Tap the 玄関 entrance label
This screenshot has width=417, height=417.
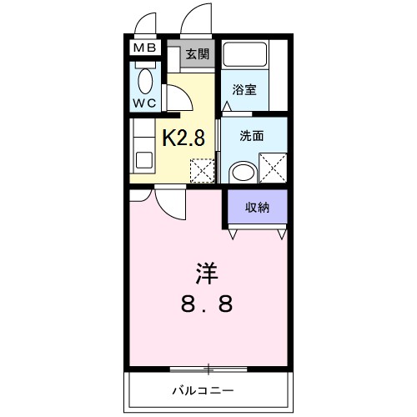click(x=197, y=55)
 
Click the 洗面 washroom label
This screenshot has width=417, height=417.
click(x=252, y=136)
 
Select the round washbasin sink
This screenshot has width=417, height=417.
click(x=241, y=172)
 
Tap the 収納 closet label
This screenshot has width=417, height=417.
click(x=256, y=208)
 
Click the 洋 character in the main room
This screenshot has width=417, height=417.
click(x=208, y=272)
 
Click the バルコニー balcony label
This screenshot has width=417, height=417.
click(x=203, y=390)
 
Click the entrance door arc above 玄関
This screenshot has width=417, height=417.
click(x=201, y=18)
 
